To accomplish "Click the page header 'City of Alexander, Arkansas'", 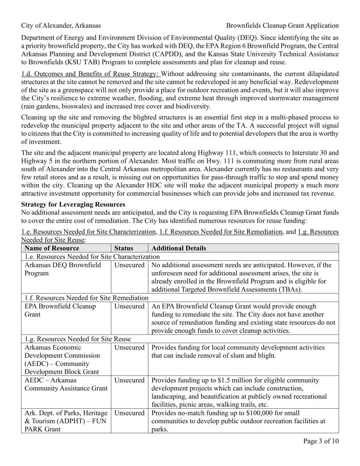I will click(61, 26).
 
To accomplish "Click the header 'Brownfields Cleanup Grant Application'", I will click(282, 26).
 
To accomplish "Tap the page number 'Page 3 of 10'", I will click(320, 441).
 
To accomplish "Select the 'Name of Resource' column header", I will click(52, 248).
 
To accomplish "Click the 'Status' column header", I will click(123, 248).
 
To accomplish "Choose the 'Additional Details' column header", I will click(178, 248).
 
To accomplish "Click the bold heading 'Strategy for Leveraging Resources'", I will click(73, 204).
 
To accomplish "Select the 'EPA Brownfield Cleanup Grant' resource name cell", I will click(59, 310).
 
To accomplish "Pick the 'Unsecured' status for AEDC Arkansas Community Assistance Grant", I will click(129, 380).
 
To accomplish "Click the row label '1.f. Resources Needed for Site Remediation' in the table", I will click(86, 298).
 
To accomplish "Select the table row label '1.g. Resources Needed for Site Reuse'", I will click(77, 339).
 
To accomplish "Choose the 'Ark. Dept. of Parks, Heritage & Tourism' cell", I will click(65, 417).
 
